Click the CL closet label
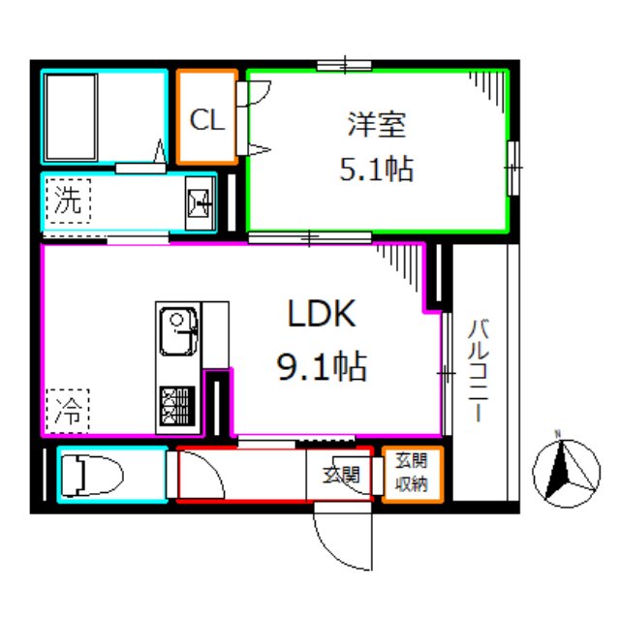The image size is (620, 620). tap(207, 120)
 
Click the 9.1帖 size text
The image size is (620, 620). tap(321, 366)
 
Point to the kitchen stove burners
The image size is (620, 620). tap(177, 407)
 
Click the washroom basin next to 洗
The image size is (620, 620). tap(201, 203)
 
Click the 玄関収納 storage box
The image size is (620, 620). tap(412, 475)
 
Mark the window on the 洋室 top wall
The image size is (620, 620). tap(344, 67)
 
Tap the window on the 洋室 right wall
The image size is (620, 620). tap(512, 168)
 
